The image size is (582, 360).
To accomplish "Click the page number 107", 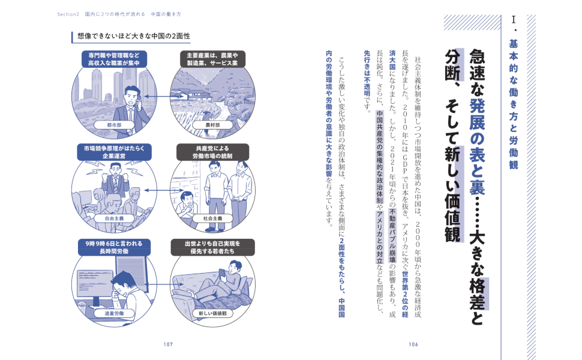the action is pos(168,344).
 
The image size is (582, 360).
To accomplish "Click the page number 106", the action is pos(413,344).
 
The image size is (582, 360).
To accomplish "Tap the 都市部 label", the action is pos(114,125).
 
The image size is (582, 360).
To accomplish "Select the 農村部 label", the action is pos(212,125).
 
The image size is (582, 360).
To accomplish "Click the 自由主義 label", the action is pos(114,218).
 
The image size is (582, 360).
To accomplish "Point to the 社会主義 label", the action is pos(212,218).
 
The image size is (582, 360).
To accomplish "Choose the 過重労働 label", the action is pos(114,313).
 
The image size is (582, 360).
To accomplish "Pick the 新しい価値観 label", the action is pos(212,313).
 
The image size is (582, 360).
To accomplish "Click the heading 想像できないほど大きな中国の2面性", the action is pos(134,36).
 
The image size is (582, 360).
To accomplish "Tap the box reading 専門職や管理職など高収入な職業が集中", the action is pos(114,59).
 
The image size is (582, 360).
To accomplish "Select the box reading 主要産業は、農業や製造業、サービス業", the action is pos(212,59).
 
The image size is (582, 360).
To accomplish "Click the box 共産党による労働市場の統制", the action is pos(212,152).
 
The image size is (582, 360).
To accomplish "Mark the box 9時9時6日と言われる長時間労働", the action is pos(114,247).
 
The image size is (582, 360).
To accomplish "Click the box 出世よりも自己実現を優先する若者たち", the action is pos(212,247).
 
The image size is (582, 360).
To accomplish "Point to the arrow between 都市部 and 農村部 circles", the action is pos(164,97).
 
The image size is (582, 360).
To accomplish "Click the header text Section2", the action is pos(68,14).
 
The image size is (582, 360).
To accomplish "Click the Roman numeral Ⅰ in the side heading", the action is pos(514,20).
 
